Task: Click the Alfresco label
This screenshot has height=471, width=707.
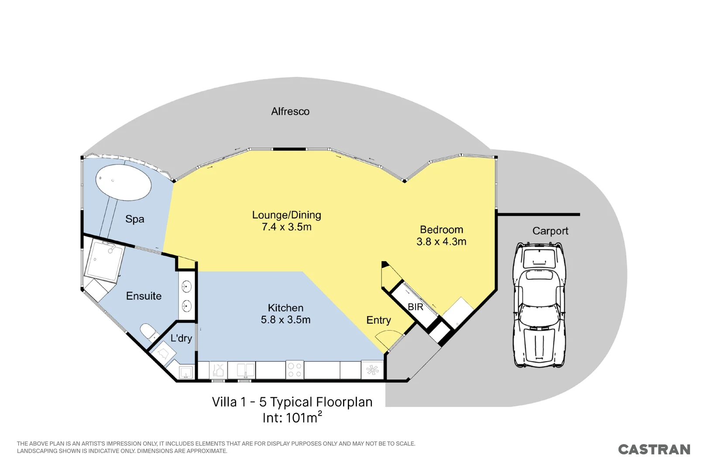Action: point(290,111)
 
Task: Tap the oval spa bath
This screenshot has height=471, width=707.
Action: point(124,182)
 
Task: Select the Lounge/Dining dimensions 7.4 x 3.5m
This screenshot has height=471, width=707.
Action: point(286,227)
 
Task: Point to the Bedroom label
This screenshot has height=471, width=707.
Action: point(441,229)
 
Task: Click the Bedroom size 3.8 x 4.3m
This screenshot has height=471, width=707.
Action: point(441,241)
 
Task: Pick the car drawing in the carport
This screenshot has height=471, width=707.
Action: point(539,304)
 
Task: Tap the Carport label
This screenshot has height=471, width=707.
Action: point(550,231)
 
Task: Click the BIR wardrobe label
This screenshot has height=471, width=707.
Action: point(415,307)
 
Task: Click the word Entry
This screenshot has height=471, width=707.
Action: point(378,320)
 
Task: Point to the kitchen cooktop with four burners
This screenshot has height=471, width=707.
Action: point(295,370)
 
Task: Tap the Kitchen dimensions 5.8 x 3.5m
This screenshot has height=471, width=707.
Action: point(286,320)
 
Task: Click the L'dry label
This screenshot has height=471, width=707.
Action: point(181,338)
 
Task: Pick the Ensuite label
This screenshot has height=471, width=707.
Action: point(144,296)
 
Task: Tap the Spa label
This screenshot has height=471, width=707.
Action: point(135,219)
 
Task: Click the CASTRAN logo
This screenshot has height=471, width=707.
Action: point(654,449)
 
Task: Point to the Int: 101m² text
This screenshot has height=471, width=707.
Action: point(292,417)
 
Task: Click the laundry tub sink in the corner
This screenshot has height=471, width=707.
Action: point(186,372)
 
